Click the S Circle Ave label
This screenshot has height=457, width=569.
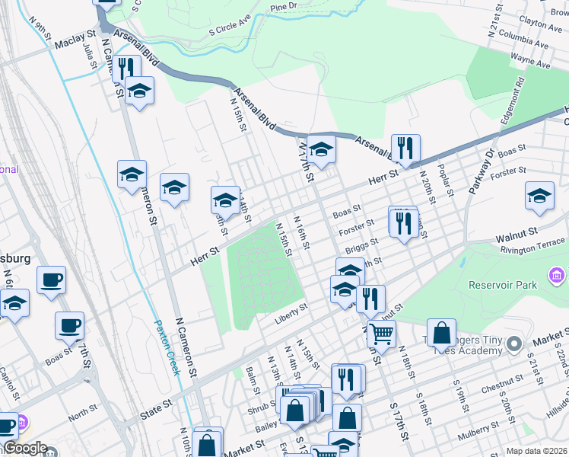pyautogui.click(x=229, y=30)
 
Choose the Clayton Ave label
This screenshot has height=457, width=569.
pyautogui.click(x=540, y=25)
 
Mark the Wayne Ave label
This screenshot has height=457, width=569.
pyautogui.click(x=530, y=60)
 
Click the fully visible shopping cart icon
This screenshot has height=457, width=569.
pyautogui.click(x=381, y=332)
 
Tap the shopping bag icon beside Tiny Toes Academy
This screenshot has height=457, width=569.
pyautogui.click(x=441, y=332)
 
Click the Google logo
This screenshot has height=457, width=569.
pyautogui.click(x=25, y=449)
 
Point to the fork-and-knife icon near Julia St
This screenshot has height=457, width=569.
pyautogui.click(x=126, y=68)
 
